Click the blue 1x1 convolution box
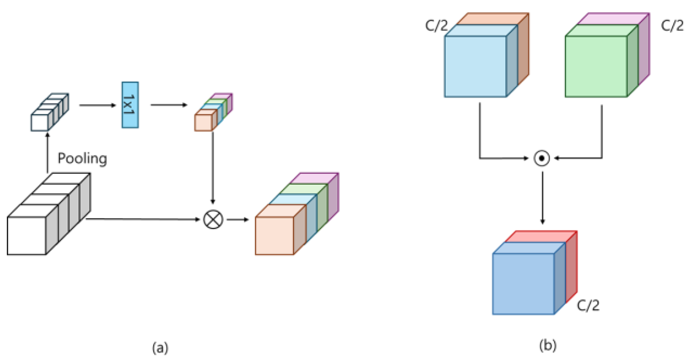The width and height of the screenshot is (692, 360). coord(130,105)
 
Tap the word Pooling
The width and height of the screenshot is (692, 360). coord(82,158)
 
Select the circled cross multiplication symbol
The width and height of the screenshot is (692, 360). coord(213,220)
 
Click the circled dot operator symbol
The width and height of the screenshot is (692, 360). coord(542,158)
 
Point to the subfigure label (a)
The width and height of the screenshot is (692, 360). coord(160,348)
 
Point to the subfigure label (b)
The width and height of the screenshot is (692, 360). coord(548,345)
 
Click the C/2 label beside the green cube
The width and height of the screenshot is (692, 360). coord(672,26)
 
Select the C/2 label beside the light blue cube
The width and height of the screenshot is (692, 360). coord(436,26)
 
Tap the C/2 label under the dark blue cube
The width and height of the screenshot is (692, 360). coord(588,306)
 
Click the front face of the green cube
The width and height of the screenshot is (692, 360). coord(596,66)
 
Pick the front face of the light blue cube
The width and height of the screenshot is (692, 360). coord(475,66)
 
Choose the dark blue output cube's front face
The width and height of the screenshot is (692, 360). coord(523,284)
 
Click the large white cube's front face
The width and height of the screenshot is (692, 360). coord(26,236)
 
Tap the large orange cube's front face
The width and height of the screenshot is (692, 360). coord(274,236)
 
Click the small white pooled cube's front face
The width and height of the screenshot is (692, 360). coord(39,123)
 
